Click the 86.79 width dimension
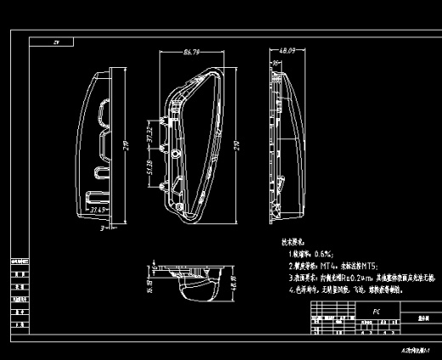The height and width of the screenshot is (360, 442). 191,53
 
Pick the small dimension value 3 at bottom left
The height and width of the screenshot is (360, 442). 100,228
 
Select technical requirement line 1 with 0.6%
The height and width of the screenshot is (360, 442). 310,253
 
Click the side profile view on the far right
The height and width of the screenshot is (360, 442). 285,144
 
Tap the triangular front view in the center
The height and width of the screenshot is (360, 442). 191,144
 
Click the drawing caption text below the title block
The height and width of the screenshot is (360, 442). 415,349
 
